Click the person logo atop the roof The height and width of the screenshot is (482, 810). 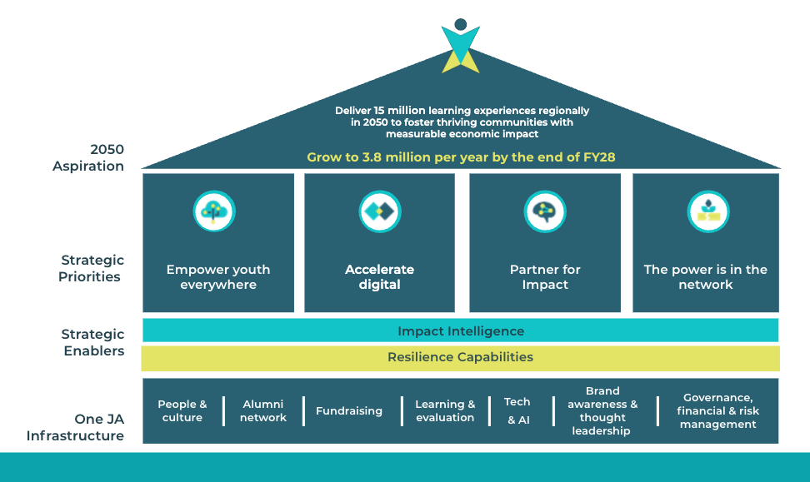pos(461,46)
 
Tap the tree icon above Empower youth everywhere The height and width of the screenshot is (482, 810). pos(214,211)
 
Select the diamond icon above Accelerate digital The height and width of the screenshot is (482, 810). pos(380,211)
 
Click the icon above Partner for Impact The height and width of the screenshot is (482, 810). pos(545,211)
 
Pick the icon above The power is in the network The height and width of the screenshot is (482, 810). pos(707,211)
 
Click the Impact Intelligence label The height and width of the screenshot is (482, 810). pos(461,331)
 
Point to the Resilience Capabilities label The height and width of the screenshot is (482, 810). pos(460,357)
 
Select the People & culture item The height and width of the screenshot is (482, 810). pos(182,410)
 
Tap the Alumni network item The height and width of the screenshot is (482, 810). pos(263,410)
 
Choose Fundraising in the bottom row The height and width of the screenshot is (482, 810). pos(349,410)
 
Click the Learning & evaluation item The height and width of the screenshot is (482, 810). pos(445,410)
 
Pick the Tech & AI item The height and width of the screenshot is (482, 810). pos(517,410)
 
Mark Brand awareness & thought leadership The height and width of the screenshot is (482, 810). pos(602,410)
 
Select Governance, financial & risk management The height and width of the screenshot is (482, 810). pos(717,410)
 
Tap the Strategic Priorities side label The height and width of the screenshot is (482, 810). pos(91,269)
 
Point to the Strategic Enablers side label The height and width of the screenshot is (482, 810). pos(92,342)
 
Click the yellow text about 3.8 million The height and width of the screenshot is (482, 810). pos(461,157)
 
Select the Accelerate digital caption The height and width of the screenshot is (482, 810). pos(379,277)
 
